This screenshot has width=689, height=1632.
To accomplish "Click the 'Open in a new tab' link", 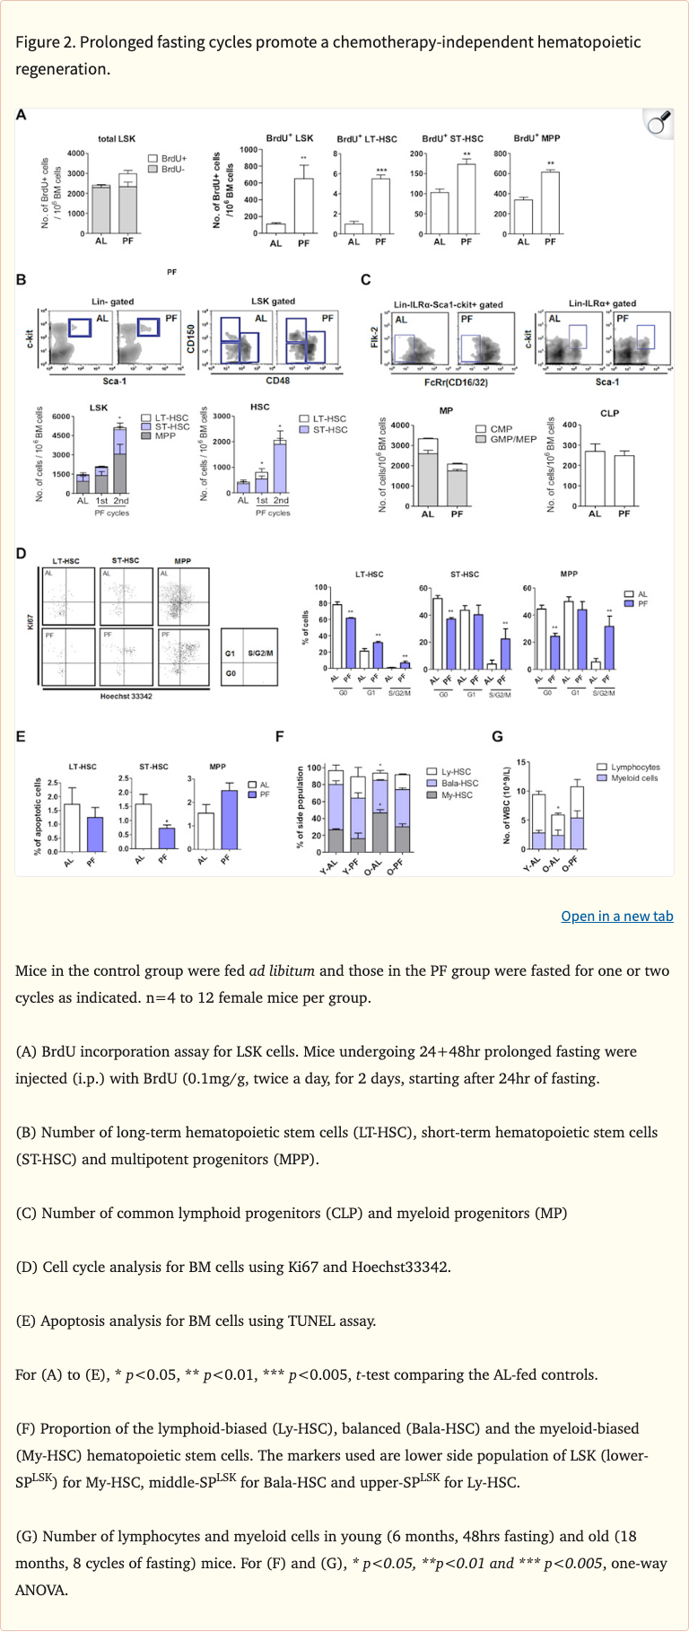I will pos(616,916).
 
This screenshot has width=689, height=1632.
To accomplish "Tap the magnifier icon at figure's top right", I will pos(659,123).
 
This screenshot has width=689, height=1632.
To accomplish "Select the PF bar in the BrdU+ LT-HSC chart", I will pos(380,206).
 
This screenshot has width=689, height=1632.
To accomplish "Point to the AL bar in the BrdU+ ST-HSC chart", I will pos(439,213).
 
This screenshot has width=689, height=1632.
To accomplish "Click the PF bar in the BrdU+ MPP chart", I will pos(550,203).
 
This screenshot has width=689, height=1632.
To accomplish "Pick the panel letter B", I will pos(22,279).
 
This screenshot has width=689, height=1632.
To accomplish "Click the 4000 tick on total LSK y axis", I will pos(76,154).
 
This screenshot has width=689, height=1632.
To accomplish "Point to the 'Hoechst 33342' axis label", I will pos(126,696).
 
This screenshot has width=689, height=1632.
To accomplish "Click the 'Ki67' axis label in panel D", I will pos(30,621).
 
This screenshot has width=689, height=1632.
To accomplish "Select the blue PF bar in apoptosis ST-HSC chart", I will pos(166,838).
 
